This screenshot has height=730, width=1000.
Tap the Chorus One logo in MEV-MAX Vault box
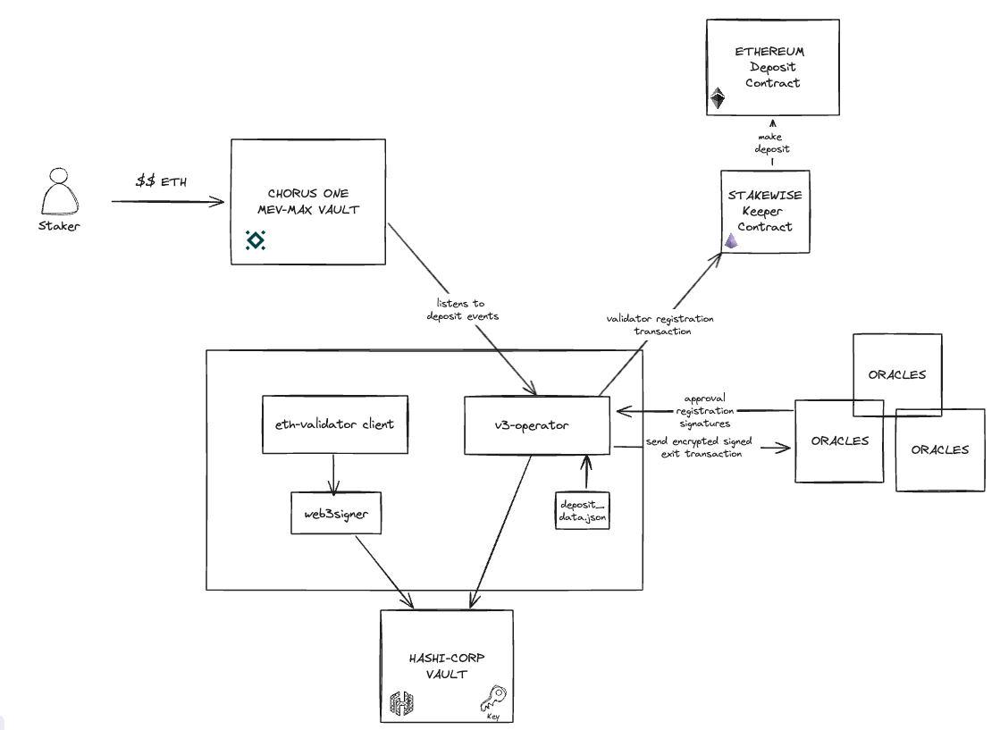click(256, 239)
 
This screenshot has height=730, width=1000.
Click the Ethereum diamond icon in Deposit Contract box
click(717, 98)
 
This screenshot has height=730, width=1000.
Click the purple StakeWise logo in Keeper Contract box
click(730, 239)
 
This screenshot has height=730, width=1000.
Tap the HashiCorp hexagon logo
click(400, 705)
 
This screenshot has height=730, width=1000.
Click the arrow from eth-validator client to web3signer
click(333, 474)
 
